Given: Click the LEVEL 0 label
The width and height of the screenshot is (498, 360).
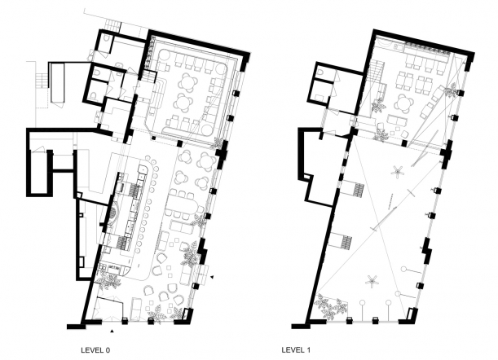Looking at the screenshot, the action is point(95,350).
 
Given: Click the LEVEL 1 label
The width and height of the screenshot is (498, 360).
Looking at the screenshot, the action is point(296,350).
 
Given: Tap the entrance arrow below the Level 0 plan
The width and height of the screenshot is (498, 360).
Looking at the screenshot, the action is point(112,331).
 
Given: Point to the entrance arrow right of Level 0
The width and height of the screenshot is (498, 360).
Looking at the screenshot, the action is point(212,277).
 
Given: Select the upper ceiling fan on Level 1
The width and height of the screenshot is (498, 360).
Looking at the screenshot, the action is point(397,172).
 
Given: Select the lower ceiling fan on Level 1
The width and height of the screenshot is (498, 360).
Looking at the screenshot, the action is point(372,282).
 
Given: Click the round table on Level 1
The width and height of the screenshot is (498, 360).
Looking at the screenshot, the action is point(404,103).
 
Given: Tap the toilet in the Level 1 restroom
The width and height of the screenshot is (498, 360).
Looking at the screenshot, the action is point(321,72).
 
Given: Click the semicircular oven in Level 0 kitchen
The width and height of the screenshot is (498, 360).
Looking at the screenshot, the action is point(112,215).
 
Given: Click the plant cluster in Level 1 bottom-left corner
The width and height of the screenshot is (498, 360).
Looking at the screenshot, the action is point(330,305).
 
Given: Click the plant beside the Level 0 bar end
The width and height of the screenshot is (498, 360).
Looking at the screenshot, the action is point(108,281).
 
